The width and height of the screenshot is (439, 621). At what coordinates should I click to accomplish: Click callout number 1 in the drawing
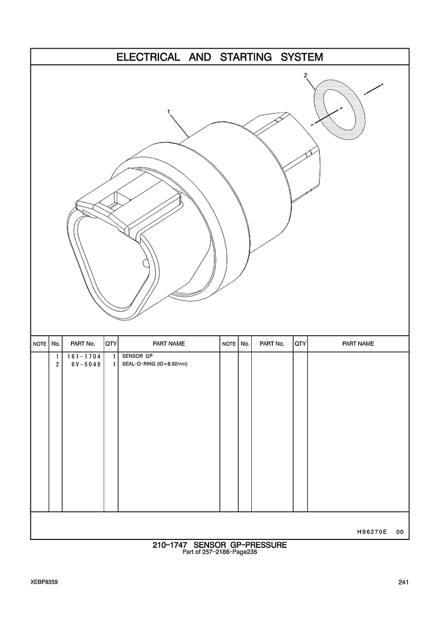click(169, 112)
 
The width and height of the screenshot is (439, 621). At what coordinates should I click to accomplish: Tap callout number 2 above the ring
click(305, 75)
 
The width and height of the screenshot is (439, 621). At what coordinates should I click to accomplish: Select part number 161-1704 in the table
click(84, 356)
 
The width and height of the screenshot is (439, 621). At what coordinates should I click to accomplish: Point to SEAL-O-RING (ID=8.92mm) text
click(154, 364)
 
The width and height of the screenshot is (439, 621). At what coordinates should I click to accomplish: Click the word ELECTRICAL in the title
click(148, 57)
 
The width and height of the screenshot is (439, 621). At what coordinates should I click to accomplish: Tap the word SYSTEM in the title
click(302, 57)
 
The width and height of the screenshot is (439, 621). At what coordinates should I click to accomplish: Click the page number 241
click(403, 582)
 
